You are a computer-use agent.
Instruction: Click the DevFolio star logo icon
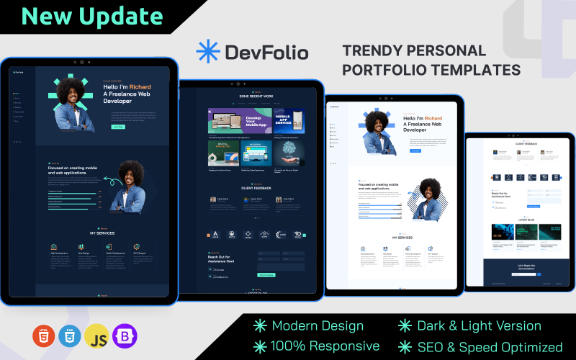pyautogui.click(x=207, y=52)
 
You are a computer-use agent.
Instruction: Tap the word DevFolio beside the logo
pyautogui.click(x=266, y=53)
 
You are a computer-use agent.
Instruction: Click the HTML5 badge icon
pyautogui.click(x=43, y=336)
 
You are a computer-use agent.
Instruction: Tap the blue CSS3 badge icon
pyautogui.click(x=70, y=336)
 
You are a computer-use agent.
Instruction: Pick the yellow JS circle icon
pyautogui.click(x=96, y=336)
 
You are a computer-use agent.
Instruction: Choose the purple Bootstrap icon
pyautogui.click(x=124, y=336)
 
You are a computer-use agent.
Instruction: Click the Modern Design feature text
pyautogui.click(x=318, y=325)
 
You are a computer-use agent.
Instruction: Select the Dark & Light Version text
pyautogui.click(x=479, y=325)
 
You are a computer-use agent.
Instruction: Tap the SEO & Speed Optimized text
pyautogui.click(x=490, y=346)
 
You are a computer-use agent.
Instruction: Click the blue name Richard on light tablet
pyautogui.click(x=433, y=118)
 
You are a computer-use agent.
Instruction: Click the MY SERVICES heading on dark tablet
pyautogui.click(x=102, y=233)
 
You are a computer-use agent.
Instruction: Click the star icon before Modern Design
pyautogui.click(x=260, y=325)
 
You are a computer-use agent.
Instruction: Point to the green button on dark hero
pyautogui.click(x=117, y=126)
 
